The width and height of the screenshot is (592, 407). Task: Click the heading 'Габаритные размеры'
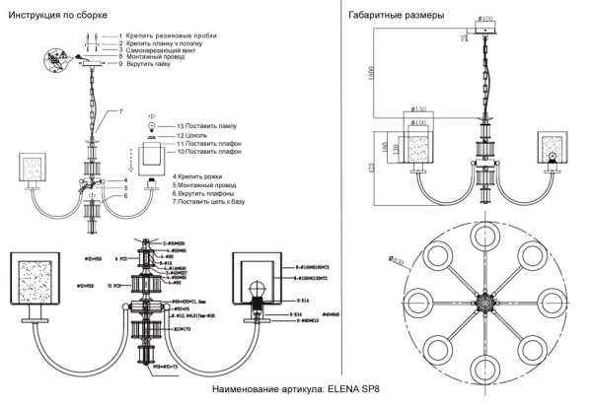(395, 15)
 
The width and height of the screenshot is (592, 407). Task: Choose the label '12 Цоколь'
(193, 136)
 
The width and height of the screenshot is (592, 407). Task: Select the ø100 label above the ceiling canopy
(485, 18)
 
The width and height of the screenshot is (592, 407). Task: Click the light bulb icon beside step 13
(151, 126)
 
